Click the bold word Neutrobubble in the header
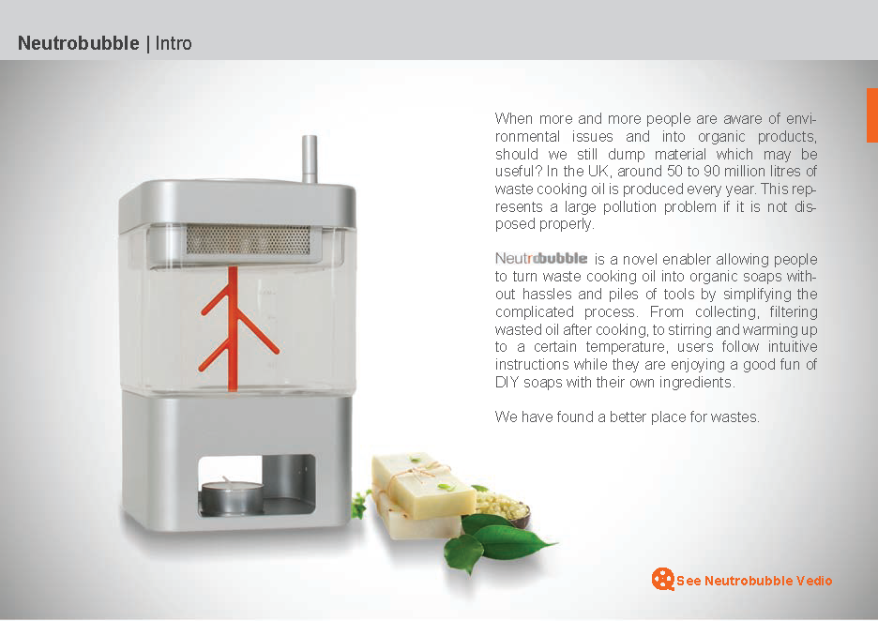[x=79, y=43]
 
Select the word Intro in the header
[x=174, y=43]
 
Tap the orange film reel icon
[x=663, y=579]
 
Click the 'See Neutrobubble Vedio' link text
[x=754, y=581]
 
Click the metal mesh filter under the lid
[x=248, y=239]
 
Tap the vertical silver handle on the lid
[x=310, y=159]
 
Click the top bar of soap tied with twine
[x=423, y=484]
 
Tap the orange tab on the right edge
[x=871, y=114]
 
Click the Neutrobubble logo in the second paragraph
[x=541, y=258]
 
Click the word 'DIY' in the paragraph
[x=507, y=383]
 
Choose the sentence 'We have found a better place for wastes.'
[x=628, y=417]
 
